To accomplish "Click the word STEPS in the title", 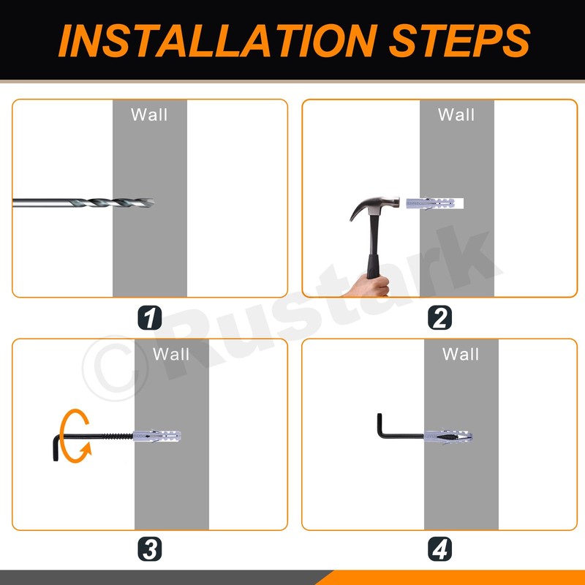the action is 459,40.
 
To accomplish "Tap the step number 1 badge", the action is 150,317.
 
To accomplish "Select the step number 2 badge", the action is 439,317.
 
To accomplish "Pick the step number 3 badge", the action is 150,549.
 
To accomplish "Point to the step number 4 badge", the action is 439,549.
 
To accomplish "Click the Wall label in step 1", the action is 149,115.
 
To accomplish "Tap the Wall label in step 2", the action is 456,115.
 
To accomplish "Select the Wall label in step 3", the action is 171,354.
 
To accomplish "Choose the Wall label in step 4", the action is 461,354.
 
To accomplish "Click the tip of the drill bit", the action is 154,203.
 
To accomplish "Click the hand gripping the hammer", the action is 369,287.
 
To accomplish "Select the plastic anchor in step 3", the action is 156,436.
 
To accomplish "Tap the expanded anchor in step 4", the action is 448,436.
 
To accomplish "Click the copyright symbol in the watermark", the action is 115,369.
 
